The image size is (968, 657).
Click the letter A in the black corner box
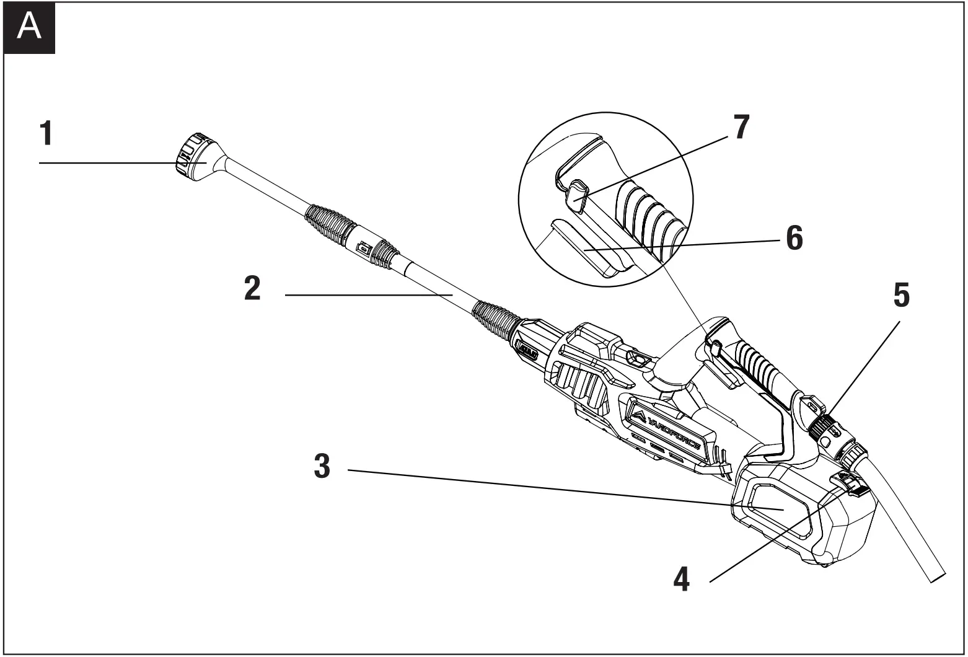[x=29, y=27]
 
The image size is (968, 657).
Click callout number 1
[x=46, y=133]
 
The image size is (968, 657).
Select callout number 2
[x=252, y=289]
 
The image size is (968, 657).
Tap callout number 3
[x=322, y=467]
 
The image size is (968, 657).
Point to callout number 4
[x=681, y=580]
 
